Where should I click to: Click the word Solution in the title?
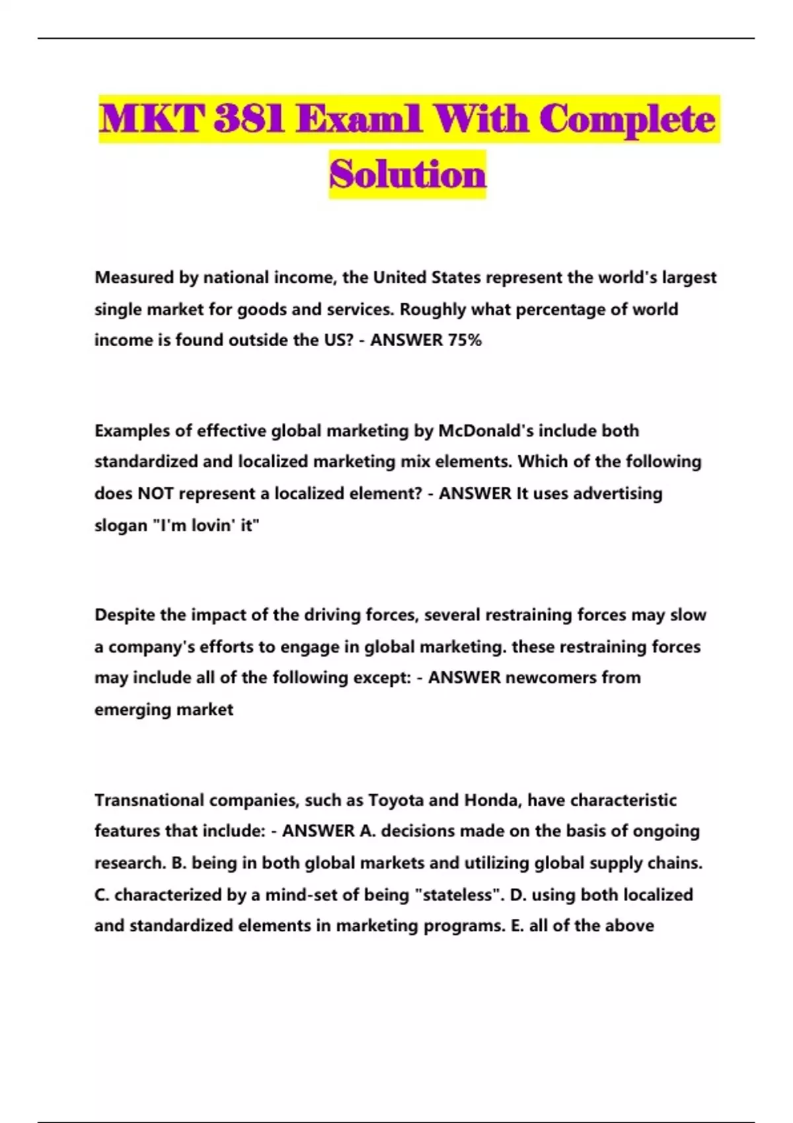408,174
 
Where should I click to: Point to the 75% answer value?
465,340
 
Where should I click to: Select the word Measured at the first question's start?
134,277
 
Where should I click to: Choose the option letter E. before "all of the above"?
517,925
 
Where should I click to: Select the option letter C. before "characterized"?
102,895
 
